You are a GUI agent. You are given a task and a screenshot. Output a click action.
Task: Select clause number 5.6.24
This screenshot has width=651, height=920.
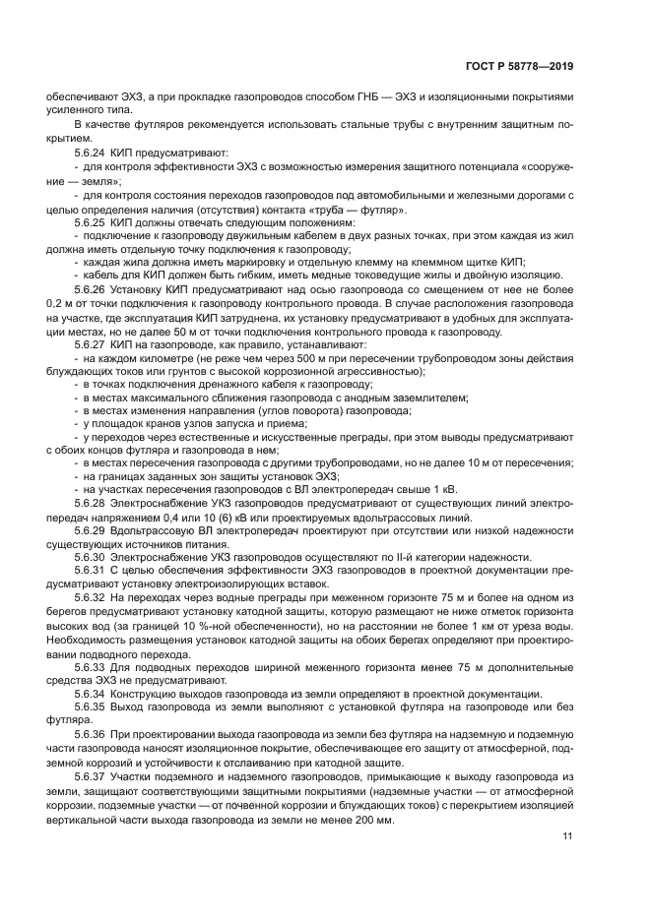point(91,153)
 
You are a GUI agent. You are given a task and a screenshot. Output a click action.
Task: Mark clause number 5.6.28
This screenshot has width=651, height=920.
point(91,502)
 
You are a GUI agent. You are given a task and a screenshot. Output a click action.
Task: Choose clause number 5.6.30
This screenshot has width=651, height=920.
point(91,557)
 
